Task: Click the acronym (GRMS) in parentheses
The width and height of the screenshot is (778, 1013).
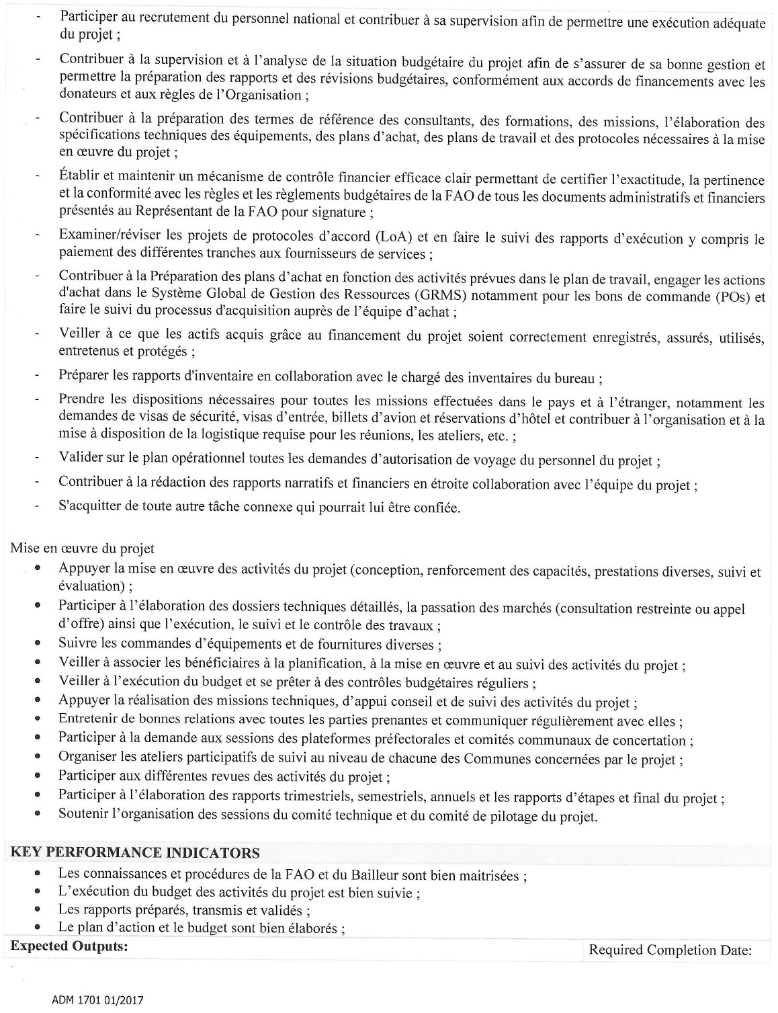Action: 494,296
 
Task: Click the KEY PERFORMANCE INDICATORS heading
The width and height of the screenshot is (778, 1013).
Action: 135,853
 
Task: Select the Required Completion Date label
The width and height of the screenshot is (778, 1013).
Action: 670,950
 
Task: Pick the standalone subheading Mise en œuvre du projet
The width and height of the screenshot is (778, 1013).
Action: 83,549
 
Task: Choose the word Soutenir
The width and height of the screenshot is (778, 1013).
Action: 81,816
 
